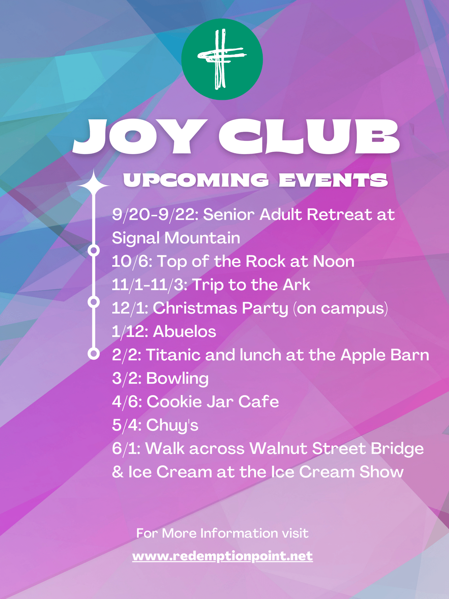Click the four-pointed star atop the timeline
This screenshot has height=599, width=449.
(x=94, y=185)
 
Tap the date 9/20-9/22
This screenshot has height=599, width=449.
(x=155, y=214)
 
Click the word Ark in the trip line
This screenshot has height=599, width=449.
(x=297, y=285)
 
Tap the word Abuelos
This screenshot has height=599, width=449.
(x=184, y=331)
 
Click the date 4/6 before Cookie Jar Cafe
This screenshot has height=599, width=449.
(x=127, y=402)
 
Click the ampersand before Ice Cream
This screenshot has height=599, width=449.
(x=118, y=472)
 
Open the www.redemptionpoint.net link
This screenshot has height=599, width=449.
(x=223, y=556)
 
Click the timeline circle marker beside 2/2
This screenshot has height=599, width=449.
(x=94, y=354)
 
